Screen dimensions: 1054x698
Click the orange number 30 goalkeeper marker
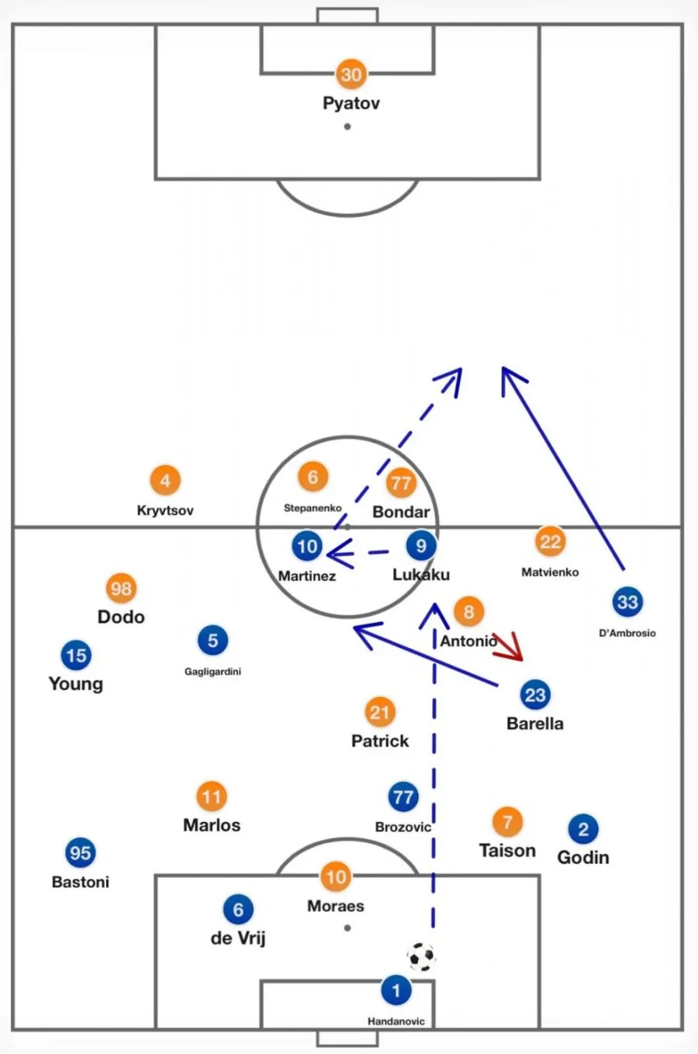351,74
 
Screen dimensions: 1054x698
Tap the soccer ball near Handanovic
421,957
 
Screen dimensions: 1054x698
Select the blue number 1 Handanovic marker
396,990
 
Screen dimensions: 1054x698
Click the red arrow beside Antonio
509,647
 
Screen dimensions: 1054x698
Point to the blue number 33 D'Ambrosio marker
627,602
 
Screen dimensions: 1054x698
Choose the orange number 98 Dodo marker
121,589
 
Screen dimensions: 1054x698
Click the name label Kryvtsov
165,510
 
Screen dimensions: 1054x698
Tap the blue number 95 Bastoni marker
80,853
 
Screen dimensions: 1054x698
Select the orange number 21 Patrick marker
379,713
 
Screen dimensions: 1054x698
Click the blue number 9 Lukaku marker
421,546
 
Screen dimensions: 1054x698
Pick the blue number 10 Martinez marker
307,546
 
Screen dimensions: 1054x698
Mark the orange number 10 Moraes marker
335,877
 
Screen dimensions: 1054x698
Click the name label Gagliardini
213,672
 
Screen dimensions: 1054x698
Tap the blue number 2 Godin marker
583,829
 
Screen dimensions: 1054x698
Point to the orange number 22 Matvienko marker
550,541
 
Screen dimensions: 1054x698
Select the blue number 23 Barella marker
535,695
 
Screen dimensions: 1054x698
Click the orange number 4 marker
165,481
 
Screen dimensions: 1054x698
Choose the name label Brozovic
403,827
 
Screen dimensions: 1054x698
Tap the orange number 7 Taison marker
507,822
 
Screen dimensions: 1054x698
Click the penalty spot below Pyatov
347,126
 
